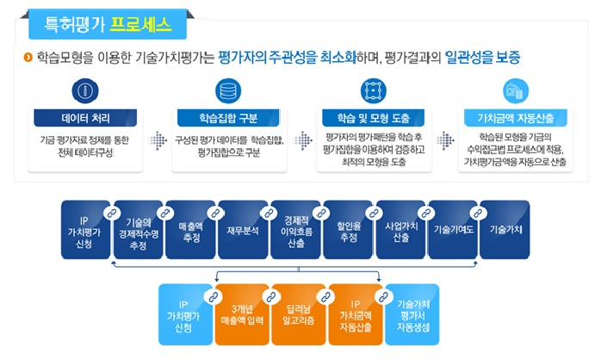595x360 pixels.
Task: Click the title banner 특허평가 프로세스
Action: click(x=108, y=24)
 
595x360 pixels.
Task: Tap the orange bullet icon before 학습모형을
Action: click(x=28, y=58)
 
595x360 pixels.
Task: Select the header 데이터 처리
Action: click(x=85, y=118)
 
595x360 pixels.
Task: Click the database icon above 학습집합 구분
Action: click(x=228, y=91)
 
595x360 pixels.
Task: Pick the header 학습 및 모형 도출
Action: click(x=374, y=118)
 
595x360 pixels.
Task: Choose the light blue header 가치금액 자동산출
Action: click(x=515, y=118)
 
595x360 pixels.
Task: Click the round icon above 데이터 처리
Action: click(x=85, y=91)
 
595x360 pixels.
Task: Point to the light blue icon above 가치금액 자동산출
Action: click(x=515, y=91)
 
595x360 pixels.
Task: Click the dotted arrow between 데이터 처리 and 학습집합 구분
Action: click(x=158, y=140)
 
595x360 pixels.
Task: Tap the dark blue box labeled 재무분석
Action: click(x=243, y=230)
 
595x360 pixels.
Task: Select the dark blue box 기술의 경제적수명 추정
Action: click(x=138, y=230)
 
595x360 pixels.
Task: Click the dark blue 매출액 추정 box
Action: click(x=190, y=230)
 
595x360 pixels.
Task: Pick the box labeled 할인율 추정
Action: click(x=348, y=230)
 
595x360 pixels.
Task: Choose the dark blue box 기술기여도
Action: click(x=453, y=230)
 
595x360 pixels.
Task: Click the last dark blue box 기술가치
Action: click(x=505, y=230)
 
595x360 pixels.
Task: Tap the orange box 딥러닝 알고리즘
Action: click(x=299, y=314)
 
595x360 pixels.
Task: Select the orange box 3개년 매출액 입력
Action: click(x=242, y=314)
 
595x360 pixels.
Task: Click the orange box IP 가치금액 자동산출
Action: click(x=356, y=314)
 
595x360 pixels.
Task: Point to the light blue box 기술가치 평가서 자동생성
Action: click(x=412, y=314)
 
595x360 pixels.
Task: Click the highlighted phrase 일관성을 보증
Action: click(x=482, y=58)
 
